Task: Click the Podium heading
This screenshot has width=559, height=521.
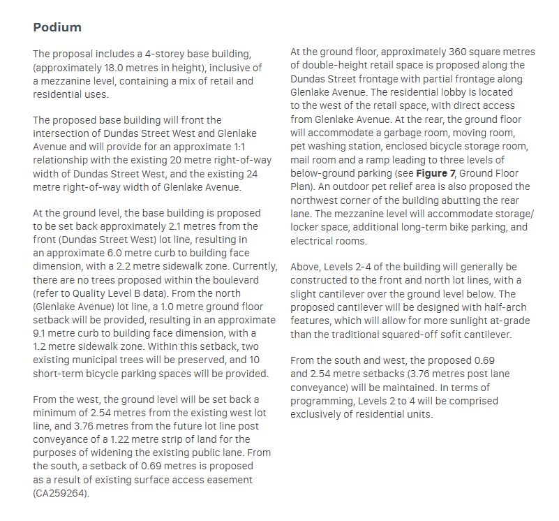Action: [57, 28]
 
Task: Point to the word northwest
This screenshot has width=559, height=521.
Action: [318, 200]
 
